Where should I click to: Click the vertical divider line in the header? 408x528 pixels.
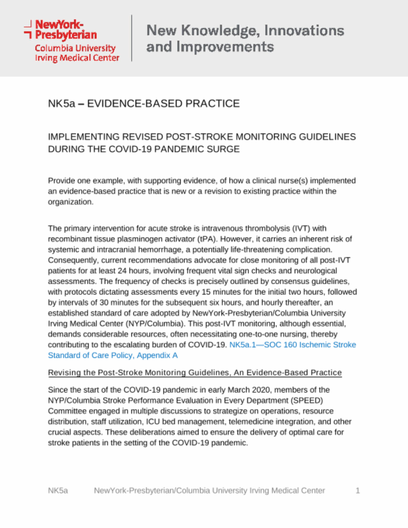(x=131, y=38)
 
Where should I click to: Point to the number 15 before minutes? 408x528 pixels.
(x=206, y=292)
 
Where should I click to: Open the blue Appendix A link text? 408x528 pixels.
(x=157, y=355)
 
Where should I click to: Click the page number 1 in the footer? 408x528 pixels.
(x=358, y=491)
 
